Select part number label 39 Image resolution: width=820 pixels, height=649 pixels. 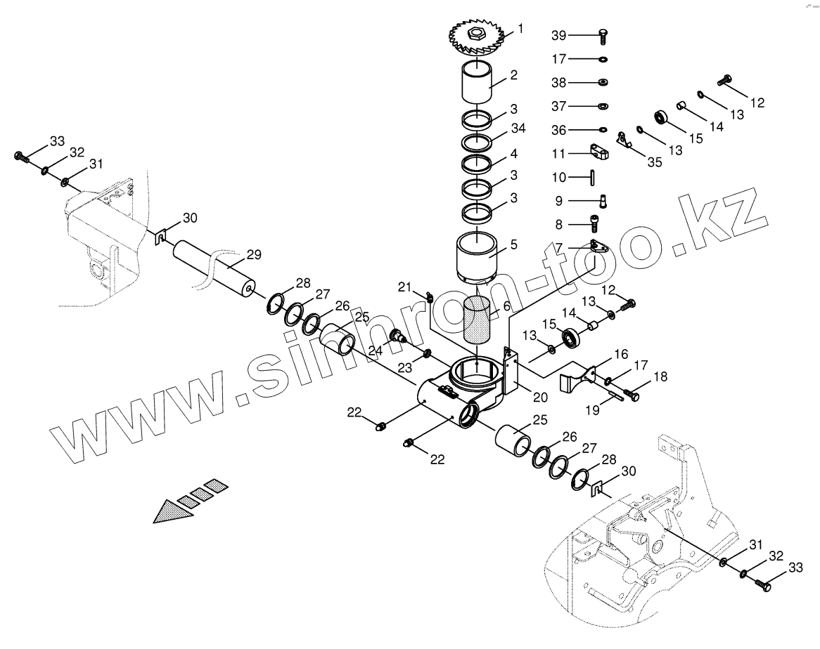click(558, 35)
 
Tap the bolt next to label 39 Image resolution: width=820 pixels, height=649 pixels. click(603, 34)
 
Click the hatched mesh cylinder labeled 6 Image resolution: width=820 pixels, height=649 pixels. click(477, 319)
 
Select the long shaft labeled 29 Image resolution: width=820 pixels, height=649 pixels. click(214, 268)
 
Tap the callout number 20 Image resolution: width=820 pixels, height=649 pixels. click(539, 397)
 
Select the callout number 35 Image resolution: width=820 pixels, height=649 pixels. click(654, 162)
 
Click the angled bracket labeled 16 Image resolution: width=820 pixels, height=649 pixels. click(577, 380)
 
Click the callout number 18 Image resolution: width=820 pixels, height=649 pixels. click(660, 378)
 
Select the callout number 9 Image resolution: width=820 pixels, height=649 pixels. click(558, 201)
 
